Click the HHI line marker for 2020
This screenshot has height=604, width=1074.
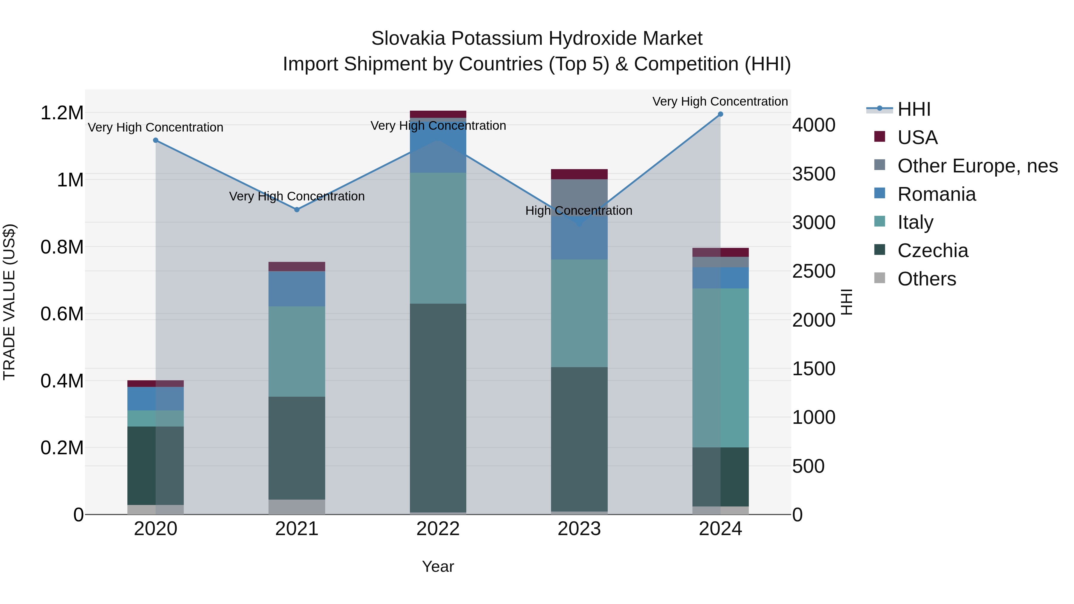[155, 140]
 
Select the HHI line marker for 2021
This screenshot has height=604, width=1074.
[297, 210]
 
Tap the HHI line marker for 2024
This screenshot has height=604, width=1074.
[720, 114]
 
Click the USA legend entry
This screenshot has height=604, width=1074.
[917, 138]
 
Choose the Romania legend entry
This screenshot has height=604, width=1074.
[936, 194]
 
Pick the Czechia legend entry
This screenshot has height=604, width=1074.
[933, 251]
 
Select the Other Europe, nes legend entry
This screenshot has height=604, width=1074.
[977, 166]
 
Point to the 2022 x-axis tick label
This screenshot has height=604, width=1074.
[438, 529]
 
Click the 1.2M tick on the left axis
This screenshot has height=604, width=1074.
[62, 113]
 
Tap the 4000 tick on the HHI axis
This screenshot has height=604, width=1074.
[814, 125]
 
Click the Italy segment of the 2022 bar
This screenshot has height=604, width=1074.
[438, 238]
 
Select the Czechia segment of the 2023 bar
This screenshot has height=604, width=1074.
[579, 438]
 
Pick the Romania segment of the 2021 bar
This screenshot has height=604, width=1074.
[297, 288]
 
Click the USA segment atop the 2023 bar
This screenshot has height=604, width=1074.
[579, 174]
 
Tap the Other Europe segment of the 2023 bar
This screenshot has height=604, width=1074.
[579, 196]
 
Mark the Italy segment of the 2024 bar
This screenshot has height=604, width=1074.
[720, 367]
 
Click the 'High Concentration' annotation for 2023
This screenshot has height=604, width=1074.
[579, 211]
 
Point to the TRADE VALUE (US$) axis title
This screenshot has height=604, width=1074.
[9, 302]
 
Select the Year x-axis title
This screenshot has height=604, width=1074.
[438, 566]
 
